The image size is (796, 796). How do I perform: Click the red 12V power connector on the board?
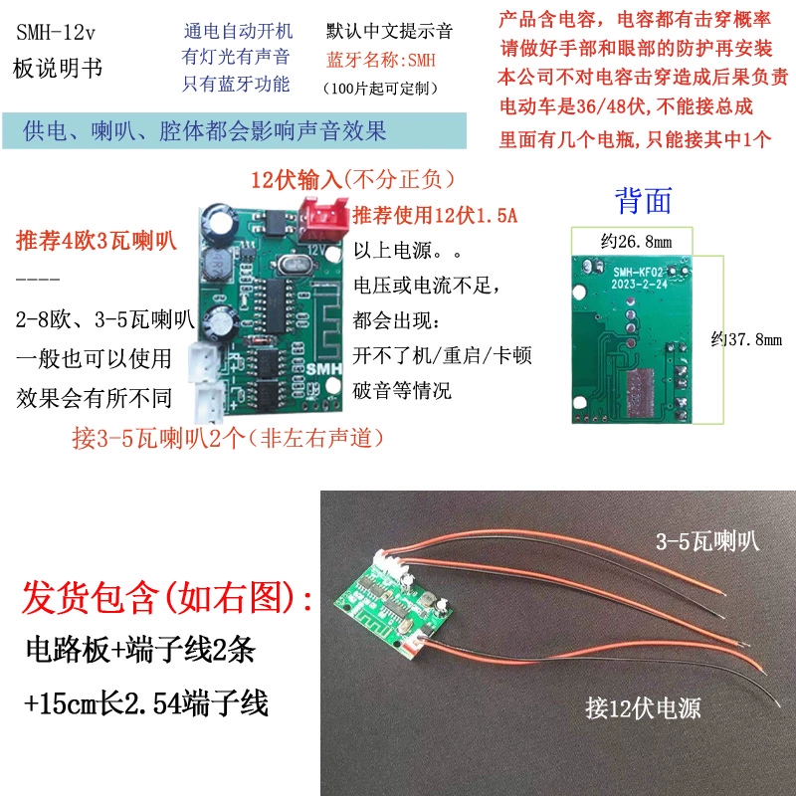(322, 219)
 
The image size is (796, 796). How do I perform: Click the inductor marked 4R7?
(219, 263)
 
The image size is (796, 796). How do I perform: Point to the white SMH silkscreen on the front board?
(323, 368)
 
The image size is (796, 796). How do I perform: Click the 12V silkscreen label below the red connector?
(315, 250)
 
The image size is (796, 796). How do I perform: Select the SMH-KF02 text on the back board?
(638, 273)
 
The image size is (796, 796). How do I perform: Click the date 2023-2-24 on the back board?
(639, 285)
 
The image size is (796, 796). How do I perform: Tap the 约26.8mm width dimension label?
(636, 242)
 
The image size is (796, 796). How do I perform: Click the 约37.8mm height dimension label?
(746, 339)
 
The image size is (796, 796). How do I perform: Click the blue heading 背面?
(643, 200)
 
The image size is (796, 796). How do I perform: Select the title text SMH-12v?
(56, 33)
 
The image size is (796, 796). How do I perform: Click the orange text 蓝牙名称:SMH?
(381, 60)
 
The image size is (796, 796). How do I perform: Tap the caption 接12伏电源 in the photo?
(643, 707)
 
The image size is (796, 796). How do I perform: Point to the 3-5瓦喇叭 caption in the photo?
(707, 541)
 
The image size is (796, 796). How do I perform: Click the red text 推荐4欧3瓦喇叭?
(97, 240)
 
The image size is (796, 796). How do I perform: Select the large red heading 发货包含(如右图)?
(167, 598)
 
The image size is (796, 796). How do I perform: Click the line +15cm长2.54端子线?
(145, 703)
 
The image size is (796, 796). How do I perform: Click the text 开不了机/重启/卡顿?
(442, 355)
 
